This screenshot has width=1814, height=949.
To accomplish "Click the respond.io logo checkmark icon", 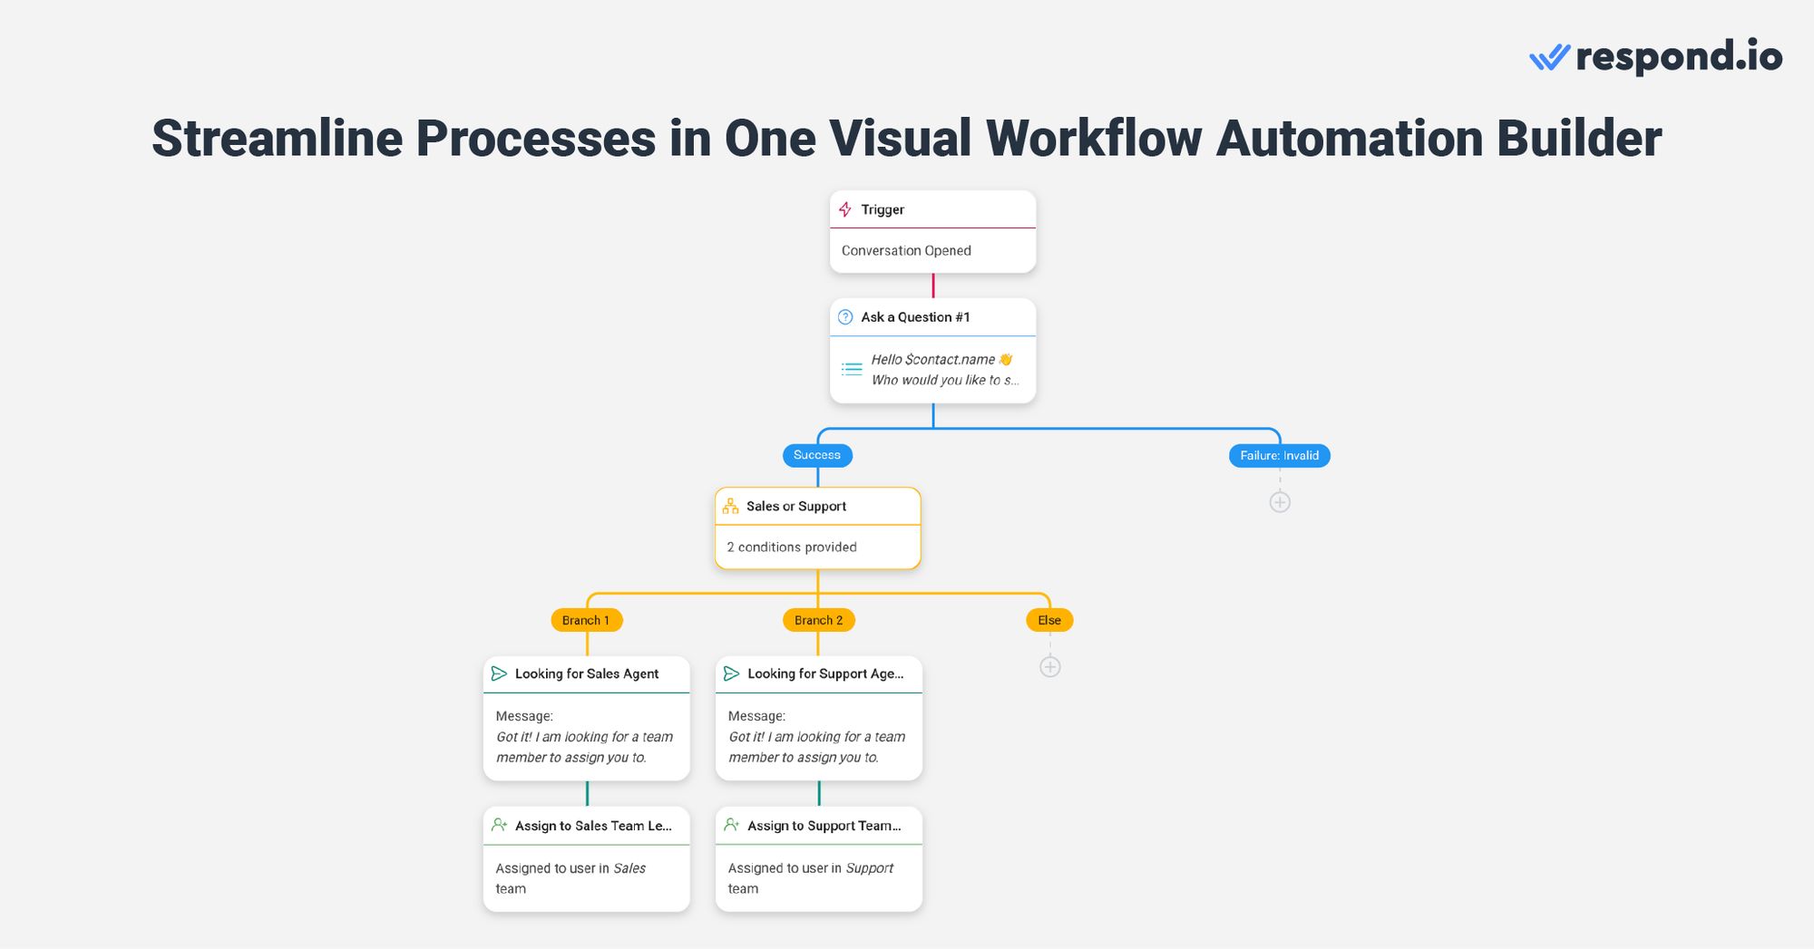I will point(1549,58).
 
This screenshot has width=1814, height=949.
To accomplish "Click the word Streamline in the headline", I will point(277,139).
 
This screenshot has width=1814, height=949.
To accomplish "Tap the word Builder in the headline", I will point(1578,139).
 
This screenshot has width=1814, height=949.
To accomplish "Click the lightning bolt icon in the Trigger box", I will point(845,209).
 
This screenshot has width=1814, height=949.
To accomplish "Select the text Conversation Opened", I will point(905,251).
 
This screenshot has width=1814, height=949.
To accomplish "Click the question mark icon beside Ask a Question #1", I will point(845,317).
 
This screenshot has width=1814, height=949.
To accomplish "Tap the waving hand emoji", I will point(1005,360).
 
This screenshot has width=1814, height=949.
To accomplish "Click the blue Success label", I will point(816,455).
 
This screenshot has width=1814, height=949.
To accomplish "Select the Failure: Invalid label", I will point(1279,456).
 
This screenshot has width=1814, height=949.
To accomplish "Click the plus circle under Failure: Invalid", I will point(1280,502).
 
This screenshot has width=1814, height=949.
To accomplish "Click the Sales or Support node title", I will point(795,507).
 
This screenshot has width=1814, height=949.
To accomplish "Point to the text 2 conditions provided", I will point(791,547).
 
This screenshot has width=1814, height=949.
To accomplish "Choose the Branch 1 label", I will point(586,621).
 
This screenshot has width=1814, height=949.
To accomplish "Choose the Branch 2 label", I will point(818,621).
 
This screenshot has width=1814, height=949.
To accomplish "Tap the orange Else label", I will point(1049,621).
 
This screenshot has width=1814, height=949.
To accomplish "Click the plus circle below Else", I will point(1049,667).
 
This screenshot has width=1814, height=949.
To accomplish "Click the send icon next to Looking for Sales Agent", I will point(499,673).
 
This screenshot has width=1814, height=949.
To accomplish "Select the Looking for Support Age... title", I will point(824,674).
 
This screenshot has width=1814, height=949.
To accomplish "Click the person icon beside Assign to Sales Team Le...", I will point(499,825).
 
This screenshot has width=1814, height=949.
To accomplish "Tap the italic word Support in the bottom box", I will point(869,868).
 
